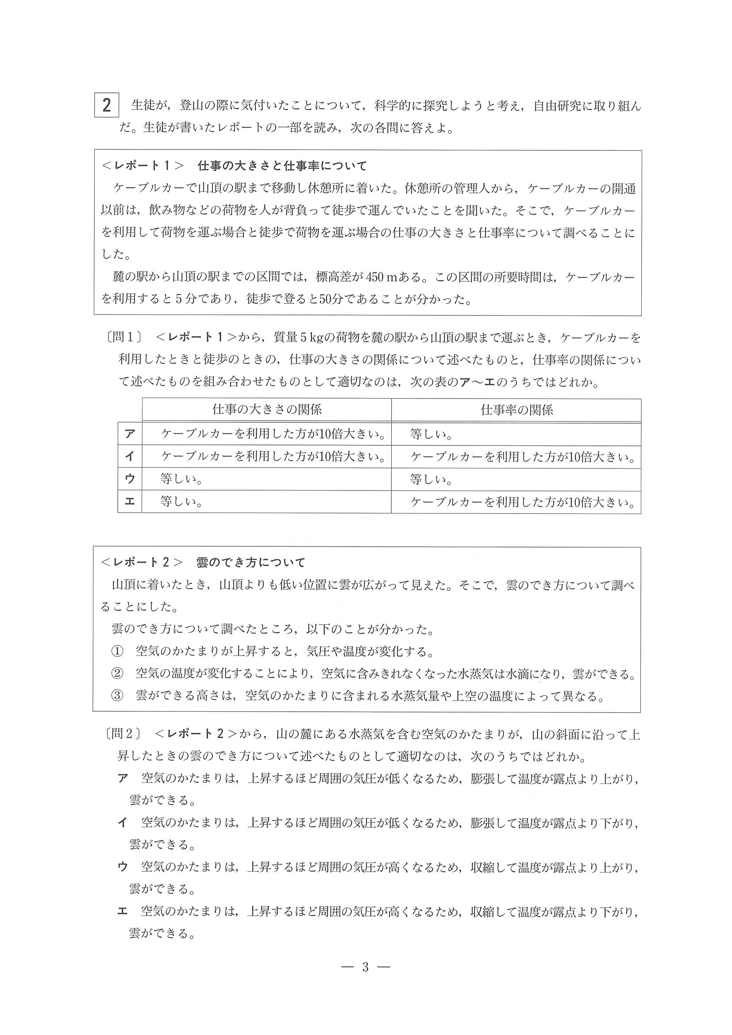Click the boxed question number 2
[x=107, y=105]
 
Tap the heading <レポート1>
[x=143, y=166]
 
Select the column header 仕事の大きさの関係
[x=266, y=409]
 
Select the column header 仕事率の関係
[x=516, y=409]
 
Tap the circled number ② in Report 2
[x=117, y=675]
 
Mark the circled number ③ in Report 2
[x=117, y=697]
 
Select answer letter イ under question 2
[x=122, y=823]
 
